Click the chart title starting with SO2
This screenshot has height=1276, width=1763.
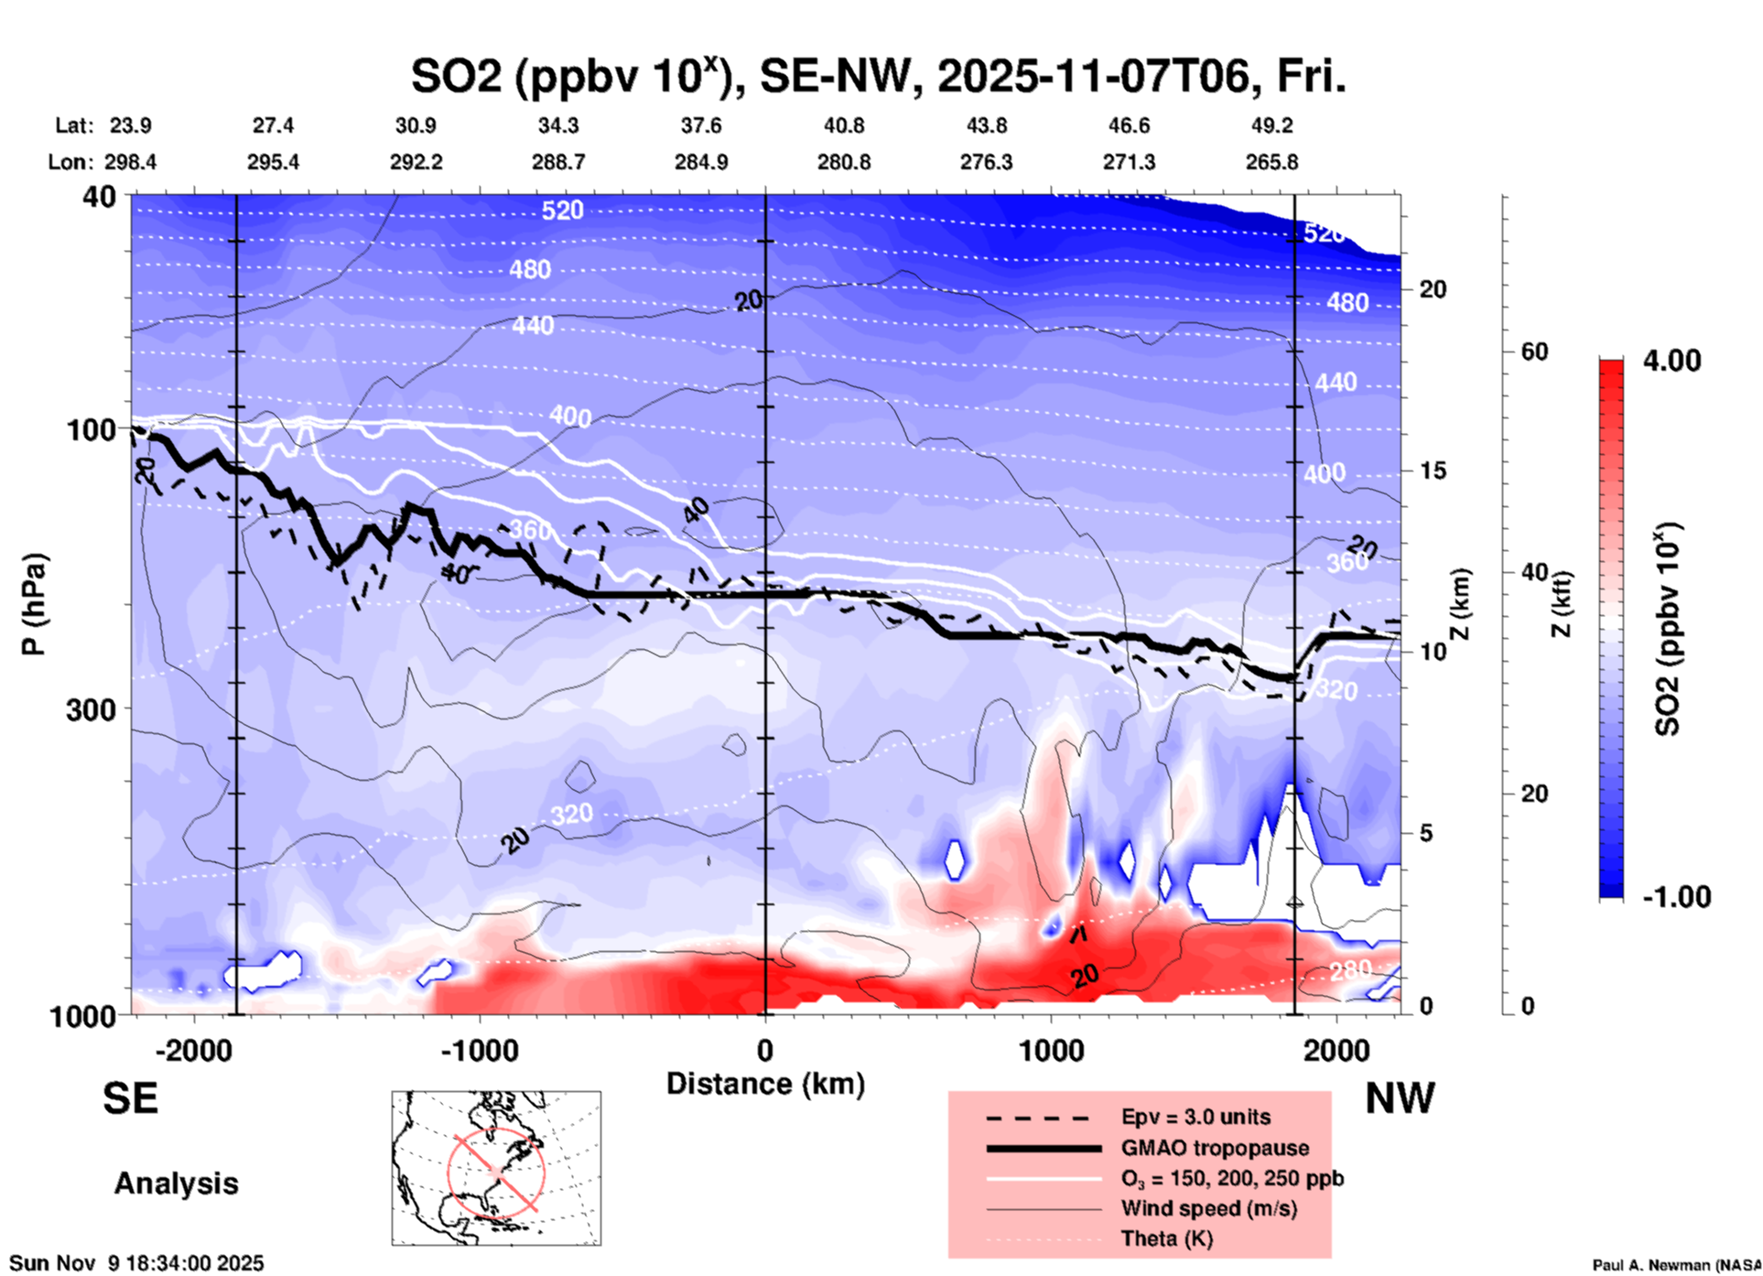878,77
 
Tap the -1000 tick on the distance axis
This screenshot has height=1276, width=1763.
480,1050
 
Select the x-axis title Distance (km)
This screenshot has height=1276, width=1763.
765,1084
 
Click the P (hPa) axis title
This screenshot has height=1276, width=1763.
34,604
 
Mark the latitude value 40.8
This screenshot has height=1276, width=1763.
843,125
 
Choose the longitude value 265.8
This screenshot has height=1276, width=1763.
1271,162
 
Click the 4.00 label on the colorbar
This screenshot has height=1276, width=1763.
1671,361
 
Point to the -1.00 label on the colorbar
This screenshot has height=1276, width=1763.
1676,897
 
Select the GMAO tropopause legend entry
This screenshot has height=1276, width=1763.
1215,1148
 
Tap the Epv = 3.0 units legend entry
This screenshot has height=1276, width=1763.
1195,1117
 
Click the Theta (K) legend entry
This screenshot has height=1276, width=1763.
1167,1239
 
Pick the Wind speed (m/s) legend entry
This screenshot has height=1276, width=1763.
1208,1208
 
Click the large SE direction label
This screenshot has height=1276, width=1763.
130,1098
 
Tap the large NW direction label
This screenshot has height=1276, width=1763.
1400,1098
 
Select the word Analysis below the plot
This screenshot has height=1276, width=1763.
176,1184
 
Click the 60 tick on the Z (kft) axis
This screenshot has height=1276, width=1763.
1534,352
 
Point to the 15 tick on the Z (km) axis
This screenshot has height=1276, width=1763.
1433,470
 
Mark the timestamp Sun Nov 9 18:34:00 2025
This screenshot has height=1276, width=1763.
137,1263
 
